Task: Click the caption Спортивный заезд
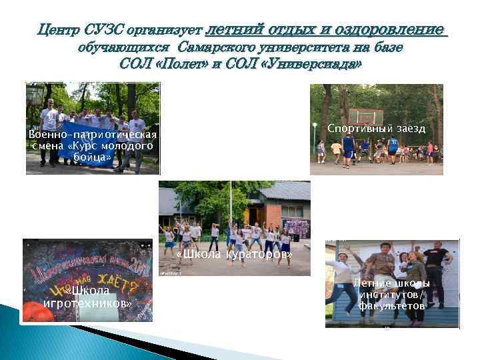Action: pos(376,128)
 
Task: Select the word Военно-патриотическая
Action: pos(93,135)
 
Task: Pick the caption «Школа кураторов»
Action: pos(235,255)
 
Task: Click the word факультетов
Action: pos(391,306)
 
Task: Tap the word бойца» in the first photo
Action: pos(93,157)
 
